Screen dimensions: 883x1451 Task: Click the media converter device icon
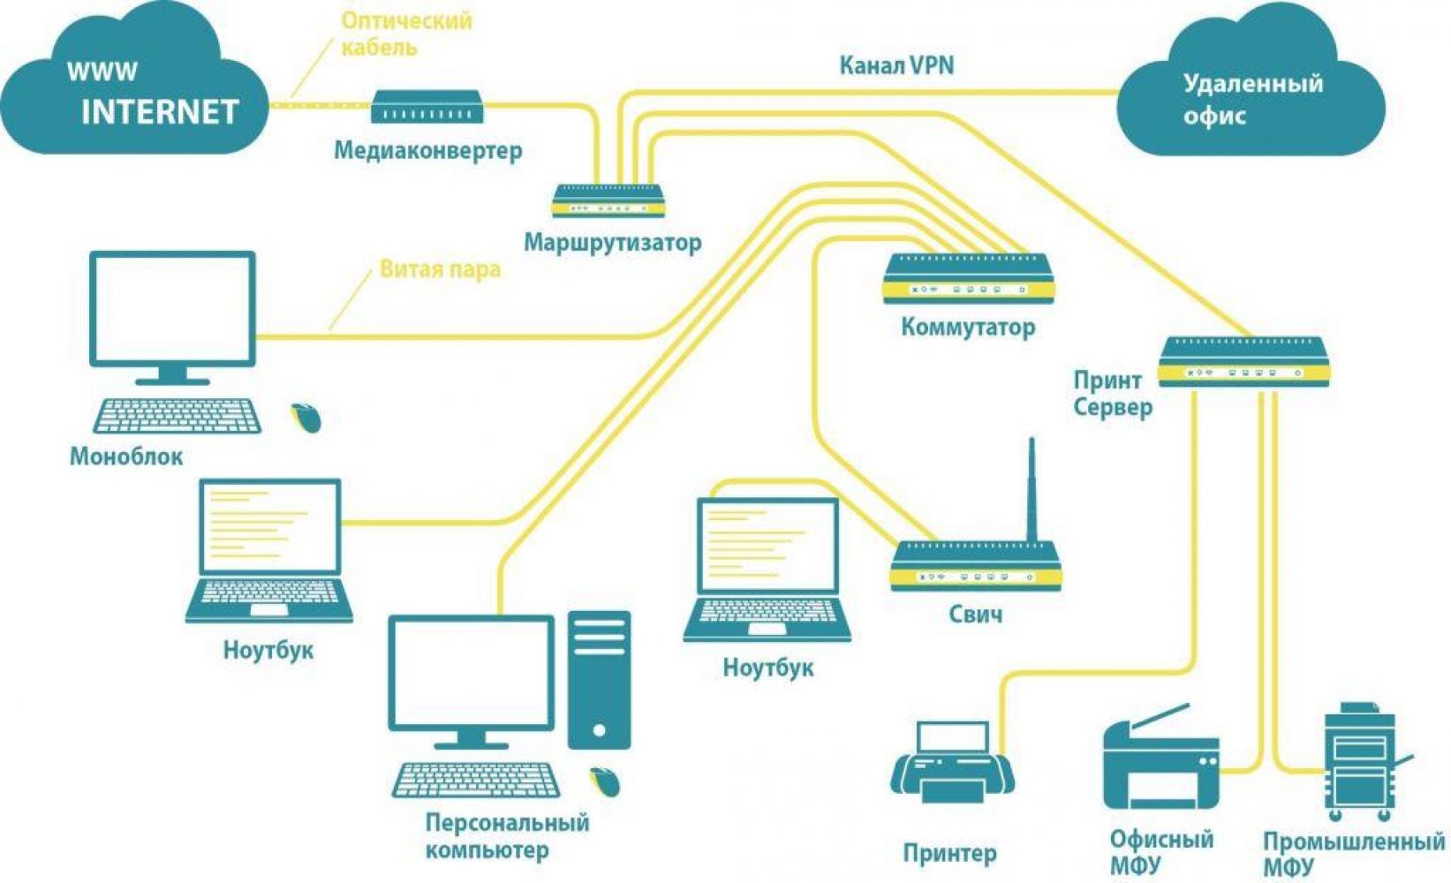(x=427, y=107)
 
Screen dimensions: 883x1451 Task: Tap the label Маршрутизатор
(x=612, y=242)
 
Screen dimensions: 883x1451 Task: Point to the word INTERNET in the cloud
(x=160, y=112)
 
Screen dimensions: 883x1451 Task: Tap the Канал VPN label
(x=896, y=65)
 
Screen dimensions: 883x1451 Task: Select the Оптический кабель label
(x=406, y=33)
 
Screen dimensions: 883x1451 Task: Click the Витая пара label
(x=440, y=268)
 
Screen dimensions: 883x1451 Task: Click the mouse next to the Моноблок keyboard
(x=306, y=417)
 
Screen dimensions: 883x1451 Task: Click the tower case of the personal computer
(x=600, y=680)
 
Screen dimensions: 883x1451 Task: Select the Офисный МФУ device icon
(x=1160, y=759)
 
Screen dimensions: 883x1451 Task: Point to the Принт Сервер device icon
(x=1243, y=361)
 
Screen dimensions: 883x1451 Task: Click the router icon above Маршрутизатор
(x=608, y=200)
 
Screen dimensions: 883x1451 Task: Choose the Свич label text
(x=975, y=614)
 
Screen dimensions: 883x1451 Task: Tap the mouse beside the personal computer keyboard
(x=605, y=781)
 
